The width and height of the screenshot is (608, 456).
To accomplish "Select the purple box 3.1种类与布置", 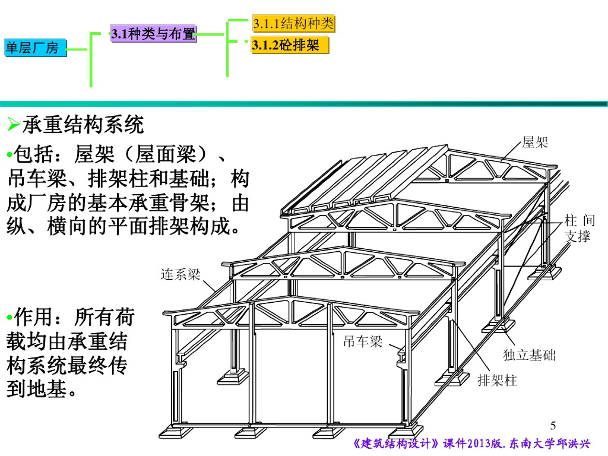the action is [x=153, y=34].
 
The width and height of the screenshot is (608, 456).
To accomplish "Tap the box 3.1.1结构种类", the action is [x=293, y=24].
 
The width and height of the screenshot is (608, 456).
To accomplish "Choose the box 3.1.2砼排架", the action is [x=289, y=45].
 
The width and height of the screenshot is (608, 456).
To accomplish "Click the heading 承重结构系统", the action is [x=83, y=125].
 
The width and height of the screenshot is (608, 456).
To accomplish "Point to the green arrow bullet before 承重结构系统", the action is [x=13, y=125].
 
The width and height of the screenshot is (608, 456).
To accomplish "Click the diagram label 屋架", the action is [x=534, y=142].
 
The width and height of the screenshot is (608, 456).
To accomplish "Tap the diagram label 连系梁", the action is [x=180, y=274].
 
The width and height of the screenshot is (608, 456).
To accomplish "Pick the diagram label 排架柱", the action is [x=498, y=381].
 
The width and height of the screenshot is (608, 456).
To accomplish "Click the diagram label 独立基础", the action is [x=529, y=355].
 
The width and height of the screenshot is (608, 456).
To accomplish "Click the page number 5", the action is [x=553, y=425].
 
